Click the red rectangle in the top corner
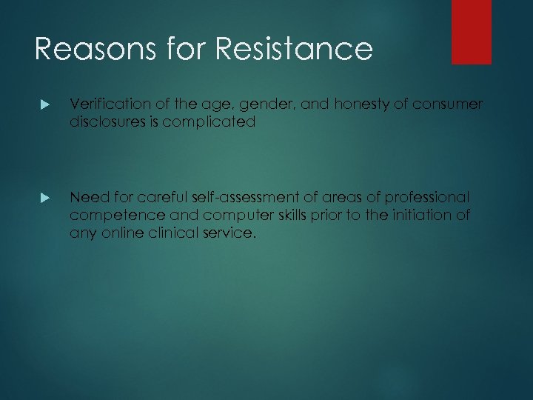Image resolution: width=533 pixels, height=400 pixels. pos(472,32)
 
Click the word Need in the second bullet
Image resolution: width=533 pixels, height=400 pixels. pos(87,198)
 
